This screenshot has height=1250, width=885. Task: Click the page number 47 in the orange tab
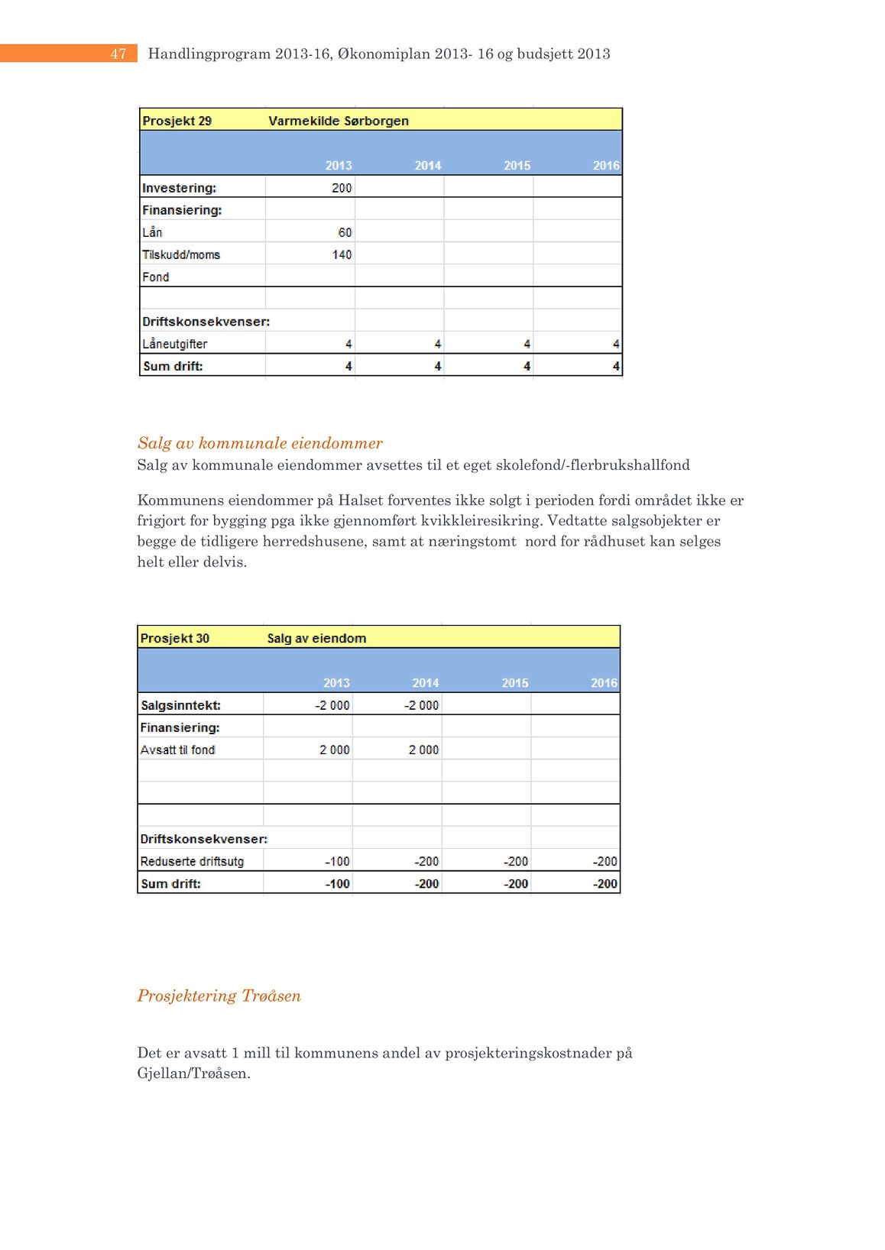pos(118,53)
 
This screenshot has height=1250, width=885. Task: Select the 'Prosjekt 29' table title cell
pos(177,121)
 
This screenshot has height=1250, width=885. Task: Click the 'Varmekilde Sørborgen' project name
pos(339,121)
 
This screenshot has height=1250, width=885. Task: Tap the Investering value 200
pos(342,188)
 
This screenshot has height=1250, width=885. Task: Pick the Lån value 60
pos(345,232)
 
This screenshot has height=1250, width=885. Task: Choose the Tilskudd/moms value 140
pos(342,254)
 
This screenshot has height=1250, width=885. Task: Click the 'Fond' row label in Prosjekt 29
pos(156,277)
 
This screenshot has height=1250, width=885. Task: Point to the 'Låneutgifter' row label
pos(174,344)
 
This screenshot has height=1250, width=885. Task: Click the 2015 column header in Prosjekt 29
pos(517,165)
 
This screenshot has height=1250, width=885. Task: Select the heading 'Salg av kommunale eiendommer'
pos(260,443)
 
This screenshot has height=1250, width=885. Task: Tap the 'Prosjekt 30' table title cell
pos(174,638)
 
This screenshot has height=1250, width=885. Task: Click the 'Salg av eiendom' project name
pos(316,638)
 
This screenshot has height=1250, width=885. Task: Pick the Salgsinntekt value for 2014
pos(422,705)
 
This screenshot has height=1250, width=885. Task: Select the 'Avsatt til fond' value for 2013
pos(335,750)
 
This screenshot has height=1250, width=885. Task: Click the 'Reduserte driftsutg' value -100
pos(337,861)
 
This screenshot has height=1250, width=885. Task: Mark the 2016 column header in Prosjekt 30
pos(604,683)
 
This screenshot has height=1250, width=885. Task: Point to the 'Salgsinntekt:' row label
pos(180,705)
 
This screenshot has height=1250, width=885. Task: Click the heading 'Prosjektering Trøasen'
pos(219,996)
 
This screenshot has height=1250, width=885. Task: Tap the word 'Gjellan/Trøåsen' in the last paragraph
pos(193,1074)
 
